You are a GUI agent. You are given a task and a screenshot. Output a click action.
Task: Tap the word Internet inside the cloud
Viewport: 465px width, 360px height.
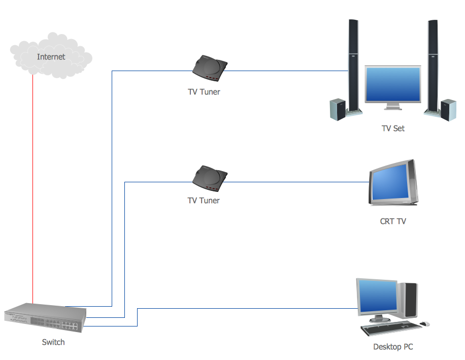point(51,57)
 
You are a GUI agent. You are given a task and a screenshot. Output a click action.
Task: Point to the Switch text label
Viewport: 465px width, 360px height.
point(53,342)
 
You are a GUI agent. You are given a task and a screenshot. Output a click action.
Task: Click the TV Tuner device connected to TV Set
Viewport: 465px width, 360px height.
point(210,68)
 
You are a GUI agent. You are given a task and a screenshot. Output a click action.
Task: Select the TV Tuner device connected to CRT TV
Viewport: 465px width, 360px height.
point(210,178)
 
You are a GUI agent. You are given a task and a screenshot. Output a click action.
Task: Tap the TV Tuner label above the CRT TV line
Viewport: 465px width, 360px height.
point(204,201)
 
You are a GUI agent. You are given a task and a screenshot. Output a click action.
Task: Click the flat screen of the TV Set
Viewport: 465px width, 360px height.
point(392,84)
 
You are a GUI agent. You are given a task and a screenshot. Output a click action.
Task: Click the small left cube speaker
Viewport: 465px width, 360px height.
point(338,109)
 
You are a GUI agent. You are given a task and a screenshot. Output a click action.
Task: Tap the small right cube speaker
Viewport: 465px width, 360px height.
point(448,109)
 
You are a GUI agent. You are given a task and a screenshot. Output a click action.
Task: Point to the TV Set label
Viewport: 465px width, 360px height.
point(393,128)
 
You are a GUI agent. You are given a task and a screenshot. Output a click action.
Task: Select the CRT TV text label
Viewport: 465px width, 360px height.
point(393,221)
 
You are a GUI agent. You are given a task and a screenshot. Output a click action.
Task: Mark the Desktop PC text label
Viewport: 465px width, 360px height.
point(393,347)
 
